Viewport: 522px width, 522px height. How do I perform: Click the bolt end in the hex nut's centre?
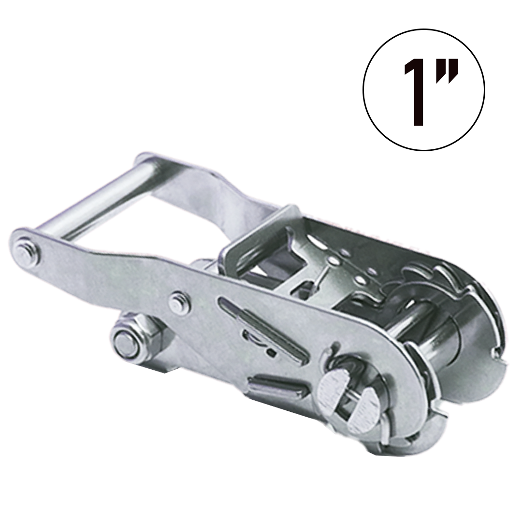(x=125, y=343)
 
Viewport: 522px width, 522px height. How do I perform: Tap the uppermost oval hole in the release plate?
(x=344, y=252)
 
